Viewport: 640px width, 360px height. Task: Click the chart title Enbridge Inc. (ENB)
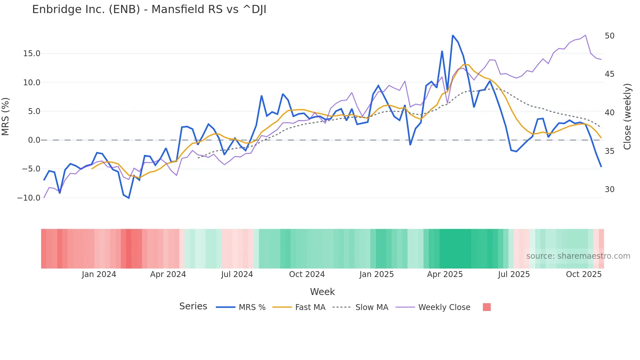pyautogui.click(x=149, y=9)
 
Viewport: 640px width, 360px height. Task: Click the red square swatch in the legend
pyautogui.click(x=487, y=307)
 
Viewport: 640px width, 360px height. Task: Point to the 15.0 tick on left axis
pyautogui.click(x=32, y=54)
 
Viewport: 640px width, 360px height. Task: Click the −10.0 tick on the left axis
pyautogui.click(x=29, y=198)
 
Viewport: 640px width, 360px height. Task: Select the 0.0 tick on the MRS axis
pyautogui.click(x=34, y=140)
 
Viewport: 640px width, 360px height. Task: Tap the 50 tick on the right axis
pyautogui.click(x=609, y=36)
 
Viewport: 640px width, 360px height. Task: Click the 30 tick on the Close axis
pyautogui.click(x=609, y=189)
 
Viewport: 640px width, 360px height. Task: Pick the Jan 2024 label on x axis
pyautogui.click(x=99, y=274)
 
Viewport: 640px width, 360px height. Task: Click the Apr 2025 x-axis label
pyautogui.click(x=445, y=274)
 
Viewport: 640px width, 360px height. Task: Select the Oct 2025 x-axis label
pyautogui.click(x=584, y=274)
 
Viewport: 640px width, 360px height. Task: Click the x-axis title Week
pyautogui.click(x=322, y=292)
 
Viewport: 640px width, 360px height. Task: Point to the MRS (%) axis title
pyautogui.click(x=6, y=117)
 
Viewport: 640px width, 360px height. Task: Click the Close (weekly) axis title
pyautogui.click(x=627, y=117)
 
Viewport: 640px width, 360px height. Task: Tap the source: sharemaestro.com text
pyautogui.click(x=578, y=256)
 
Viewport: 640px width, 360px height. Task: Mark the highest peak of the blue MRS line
pyautogui.click(x=453, y=36)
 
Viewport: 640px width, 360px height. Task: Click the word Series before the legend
pyautogui.click(x=193, y=306)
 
